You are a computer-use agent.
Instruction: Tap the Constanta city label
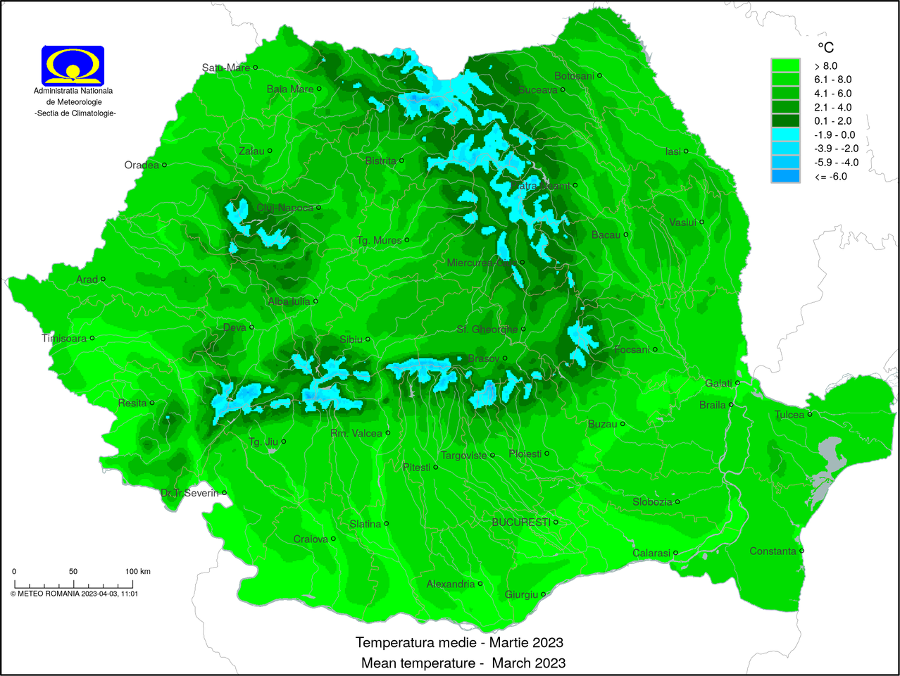click(773, 551)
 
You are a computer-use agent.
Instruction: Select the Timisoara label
click(64, 339)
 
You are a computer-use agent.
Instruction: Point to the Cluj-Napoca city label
click(285, 208)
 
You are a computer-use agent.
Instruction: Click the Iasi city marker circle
click(686, 151)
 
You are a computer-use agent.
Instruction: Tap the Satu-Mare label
click(225, 68)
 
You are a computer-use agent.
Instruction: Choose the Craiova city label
click(311, 539)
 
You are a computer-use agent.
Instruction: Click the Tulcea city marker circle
click(810, 415)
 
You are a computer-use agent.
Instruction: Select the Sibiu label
click(351, 339)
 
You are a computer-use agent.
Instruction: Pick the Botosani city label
click(574, 76)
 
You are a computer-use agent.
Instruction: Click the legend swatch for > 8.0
click(785, 65)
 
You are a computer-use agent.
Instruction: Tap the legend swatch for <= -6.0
click(785, 176)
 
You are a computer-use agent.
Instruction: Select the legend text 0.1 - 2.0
click(833, 121)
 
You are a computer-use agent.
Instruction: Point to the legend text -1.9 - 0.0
click(835, 134)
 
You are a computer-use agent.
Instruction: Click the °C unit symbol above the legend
click(825, 47)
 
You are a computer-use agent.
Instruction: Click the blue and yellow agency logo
click(73, 65)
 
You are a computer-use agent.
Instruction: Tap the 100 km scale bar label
click(138, 571)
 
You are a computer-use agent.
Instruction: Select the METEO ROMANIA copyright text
click(74, 594)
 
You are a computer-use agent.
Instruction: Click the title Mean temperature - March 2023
click(463, 663)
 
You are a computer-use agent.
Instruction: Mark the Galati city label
click(718, 383)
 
